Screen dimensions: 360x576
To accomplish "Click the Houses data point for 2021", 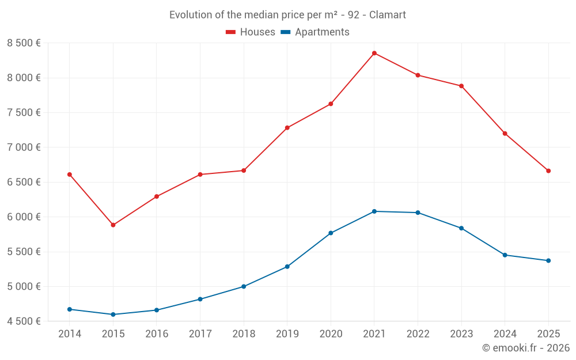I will click(x=374, y=54).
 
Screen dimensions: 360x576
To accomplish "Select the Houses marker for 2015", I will click(x=113, y=225).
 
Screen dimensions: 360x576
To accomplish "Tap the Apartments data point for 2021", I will click(x=374, y=211).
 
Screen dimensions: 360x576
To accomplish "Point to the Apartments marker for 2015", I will click(x=113, y=314).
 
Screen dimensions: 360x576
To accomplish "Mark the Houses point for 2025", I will click(x=548, y=171).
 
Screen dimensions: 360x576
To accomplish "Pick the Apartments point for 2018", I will click(x=244, y=286).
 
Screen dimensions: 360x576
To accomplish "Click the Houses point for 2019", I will click(x=287, y=128).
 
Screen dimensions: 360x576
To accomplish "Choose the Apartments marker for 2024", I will click(x=505, y=255).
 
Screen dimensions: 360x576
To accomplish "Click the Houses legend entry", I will click(x=251, y=32).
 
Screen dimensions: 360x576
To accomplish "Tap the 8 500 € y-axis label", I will click(x=24, y=43).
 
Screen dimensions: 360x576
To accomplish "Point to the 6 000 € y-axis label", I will click(x=24, y=217).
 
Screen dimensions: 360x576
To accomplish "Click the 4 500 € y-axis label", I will click(x=24, y=321).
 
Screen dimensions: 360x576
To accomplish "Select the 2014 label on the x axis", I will click(x=70, y=334).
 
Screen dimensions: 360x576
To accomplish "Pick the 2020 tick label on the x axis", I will click(x=331, y=334).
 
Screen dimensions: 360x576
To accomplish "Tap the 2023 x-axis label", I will click(x=461, y=334).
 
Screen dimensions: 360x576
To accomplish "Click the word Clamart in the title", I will click(x=388, y=15).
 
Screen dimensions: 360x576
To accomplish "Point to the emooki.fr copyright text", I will click(x=526, y=348).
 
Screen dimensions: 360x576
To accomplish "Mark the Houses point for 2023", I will click(x=461, y=86).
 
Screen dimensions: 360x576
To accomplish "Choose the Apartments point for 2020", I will click(x=331, y=233).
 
